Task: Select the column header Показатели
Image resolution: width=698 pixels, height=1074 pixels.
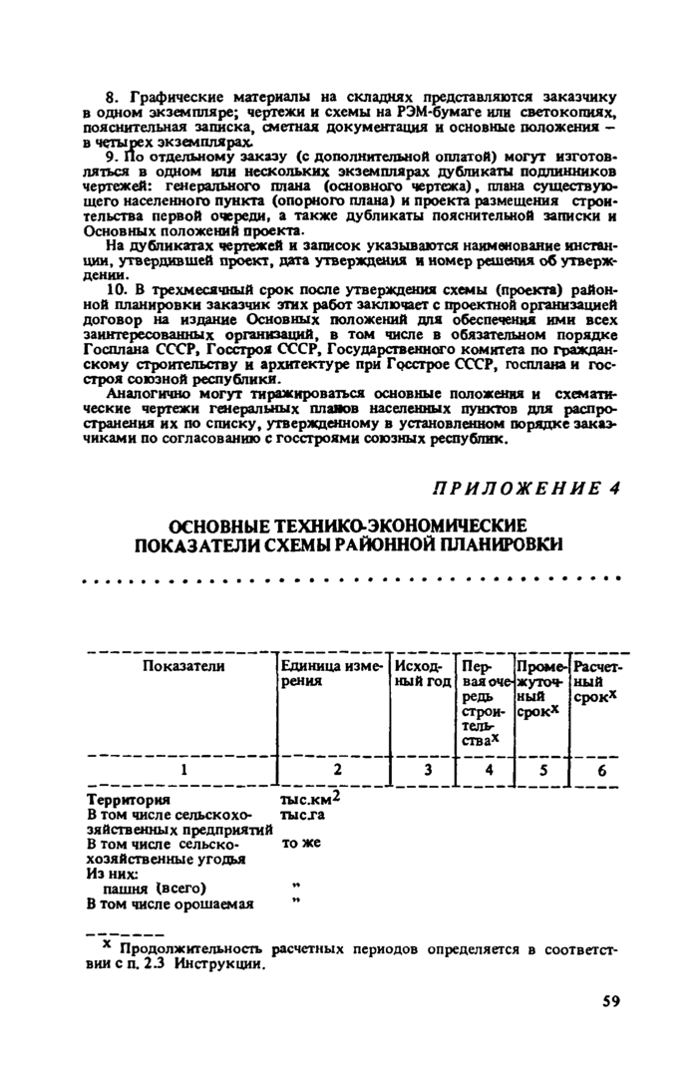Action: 183,666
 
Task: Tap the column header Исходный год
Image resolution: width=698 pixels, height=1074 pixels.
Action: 418,673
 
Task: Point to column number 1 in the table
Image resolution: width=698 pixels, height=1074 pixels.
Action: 183,769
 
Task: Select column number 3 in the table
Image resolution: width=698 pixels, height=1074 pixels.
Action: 427,769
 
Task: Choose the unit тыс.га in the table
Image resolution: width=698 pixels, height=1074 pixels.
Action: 303,814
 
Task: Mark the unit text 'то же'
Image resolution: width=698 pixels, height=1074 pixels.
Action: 299,843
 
